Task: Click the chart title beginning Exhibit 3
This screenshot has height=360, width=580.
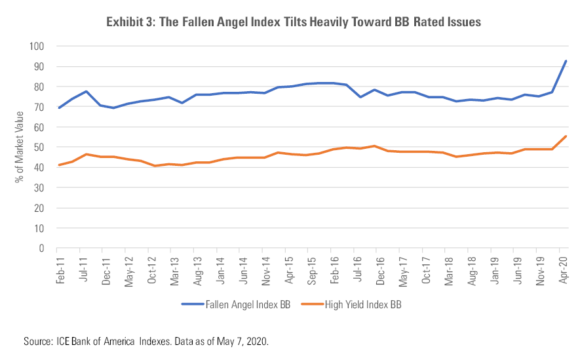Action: (294, 22)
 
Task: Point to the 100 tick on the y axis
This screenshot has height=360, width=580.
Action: (35, 46)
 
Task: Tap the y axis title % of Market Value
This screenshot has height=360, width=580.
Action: (20, 148)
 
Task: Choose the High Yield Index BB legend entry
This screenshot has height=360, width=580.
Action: (369, 304)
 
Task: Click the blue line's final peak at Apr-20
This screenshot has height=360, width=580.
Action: (566, 61)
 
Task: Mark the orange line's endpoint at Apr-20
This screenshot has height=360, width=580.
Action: (566, 136)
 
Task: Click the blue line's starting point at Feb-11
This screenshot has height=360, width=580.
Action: (59, 108)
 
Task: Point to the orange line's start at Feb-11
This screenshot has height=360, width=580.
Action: (59, 165)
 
